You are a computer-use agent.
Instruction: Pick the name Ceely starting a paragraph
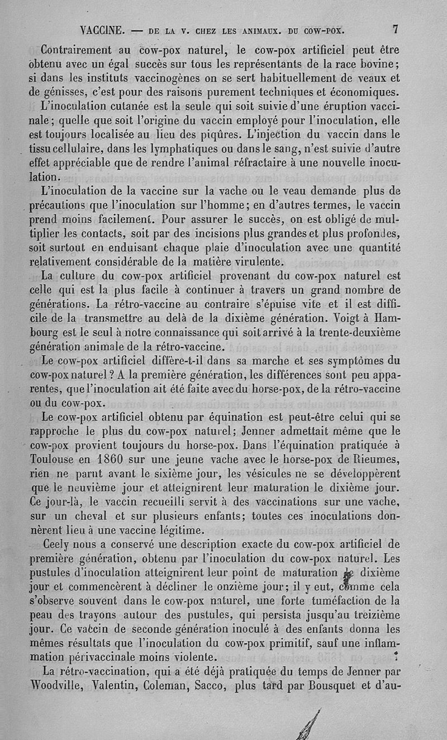(x=58, y=545)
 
